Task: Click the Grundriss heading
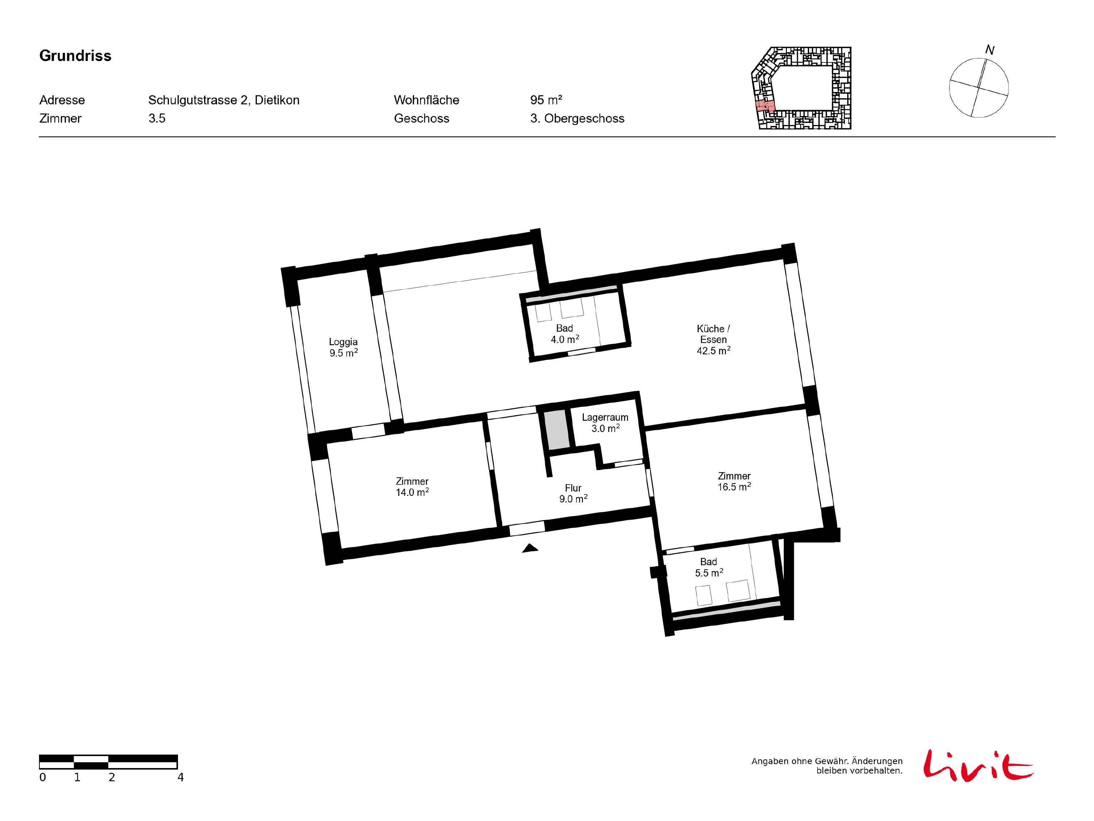pyautogui.click(x=75, y=56)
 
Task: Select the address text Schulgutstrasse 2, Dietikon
pyautogui.click(x=224, y=100)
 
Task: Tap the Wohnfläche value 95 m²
pyautogui.click(x=546, y=100)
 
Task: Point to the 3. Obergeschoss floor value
pyautogui.click(x=577, y=118)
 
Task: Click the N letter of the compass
pyautogui.click(x=990, y=50)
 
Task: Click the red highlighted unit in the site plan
pyautogui.click(x=765, y=106)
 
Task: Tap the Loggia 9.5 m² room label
pyautogui.click(x=343, y=347)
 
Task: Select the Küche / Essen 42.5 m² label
pyautogui.click(x=713, y=339)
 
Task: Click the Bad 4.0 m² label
pyautogui.click(x=565, y=334)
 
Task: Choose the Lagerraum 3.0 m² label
pyautogui.click(x=605, y=423)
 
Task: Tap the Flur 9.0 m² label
pyautogui.click(x=573, y=493)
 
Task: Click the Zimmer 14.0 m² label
pyautogui.click(x=412, y=486)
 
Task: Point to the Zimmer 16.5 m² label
pyautogui.click(x=734, y=481)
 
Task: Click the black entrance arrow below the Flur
pyautogui.click(x=530, y=548)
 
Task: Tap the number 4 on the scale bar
pyautogui.click(x=181, y=778)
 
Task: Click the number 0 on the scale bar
pyautogui.click(x=43, y=778)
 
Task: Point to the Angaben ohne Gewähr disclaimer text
pyautogui.click(x=827, y=766)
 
